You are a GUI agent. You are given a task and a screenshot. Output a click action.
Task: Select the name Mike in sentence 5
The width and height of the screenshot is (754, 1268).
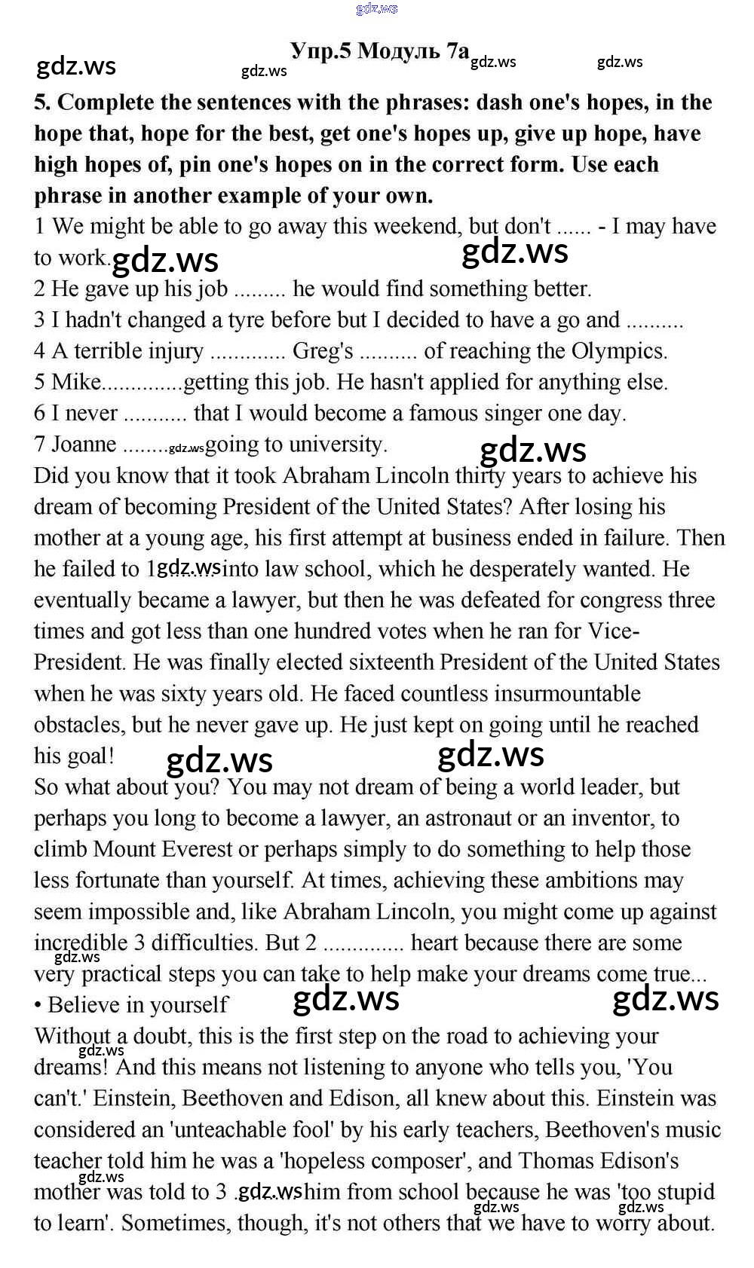[75, 382]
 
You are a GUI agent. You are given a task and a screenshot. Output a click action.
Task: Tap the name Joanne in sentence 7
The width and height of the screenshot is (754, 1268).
[83, 444]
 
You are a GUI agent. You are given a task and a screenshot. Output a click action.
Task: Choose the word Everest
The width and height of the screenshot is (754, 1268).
[195, 849]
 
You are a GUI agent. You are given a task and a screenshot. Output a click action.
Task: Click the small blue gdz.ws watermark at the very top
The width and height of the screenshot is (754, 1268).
[376, 9]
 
